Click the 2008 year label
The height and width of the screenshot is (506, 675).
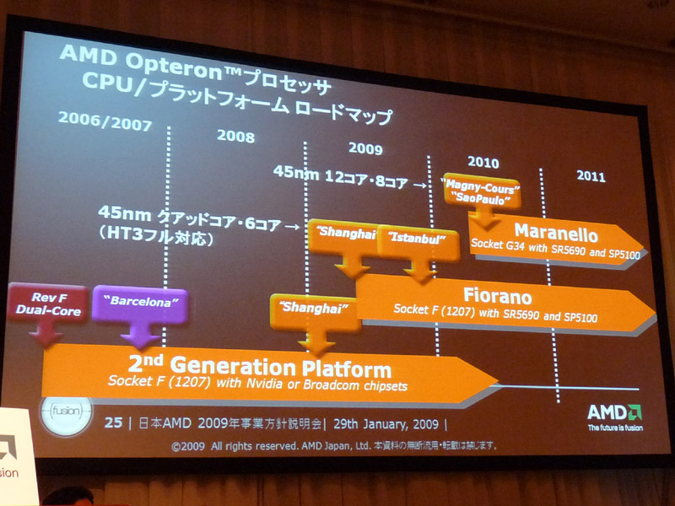[235, 136]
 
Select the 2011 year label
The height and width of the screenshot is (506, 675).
[591, 176]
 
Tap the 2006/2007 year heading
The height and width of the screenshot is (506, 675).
[105, 121]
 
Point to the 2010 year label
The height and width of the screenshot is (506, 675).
[483, 162]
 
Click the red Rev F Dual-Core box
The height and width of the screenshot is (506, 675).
[48, 304]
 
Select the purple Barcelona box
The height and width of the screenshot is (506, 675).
[140, 304]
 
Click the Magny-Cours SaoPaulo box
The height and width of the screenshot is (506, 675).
[482, 193]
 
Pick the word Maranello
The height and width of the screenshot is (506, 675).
[556, 234]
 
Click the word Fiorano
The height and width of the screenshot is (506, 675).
[497, 296]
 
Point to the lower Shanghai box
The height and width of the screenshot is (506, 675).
[315, 313]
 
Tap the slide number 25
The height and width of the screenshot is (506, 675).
[113, 423]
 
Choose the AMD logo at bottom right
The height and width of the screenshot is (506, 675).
[615, 417]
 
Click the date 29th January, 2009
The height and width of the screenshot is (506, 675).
[386, 424]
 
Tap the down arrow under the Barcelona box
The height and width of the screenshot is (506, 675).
[139, 335]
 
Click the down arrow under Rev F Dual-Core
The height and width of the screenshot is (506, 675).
[46, 333]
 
